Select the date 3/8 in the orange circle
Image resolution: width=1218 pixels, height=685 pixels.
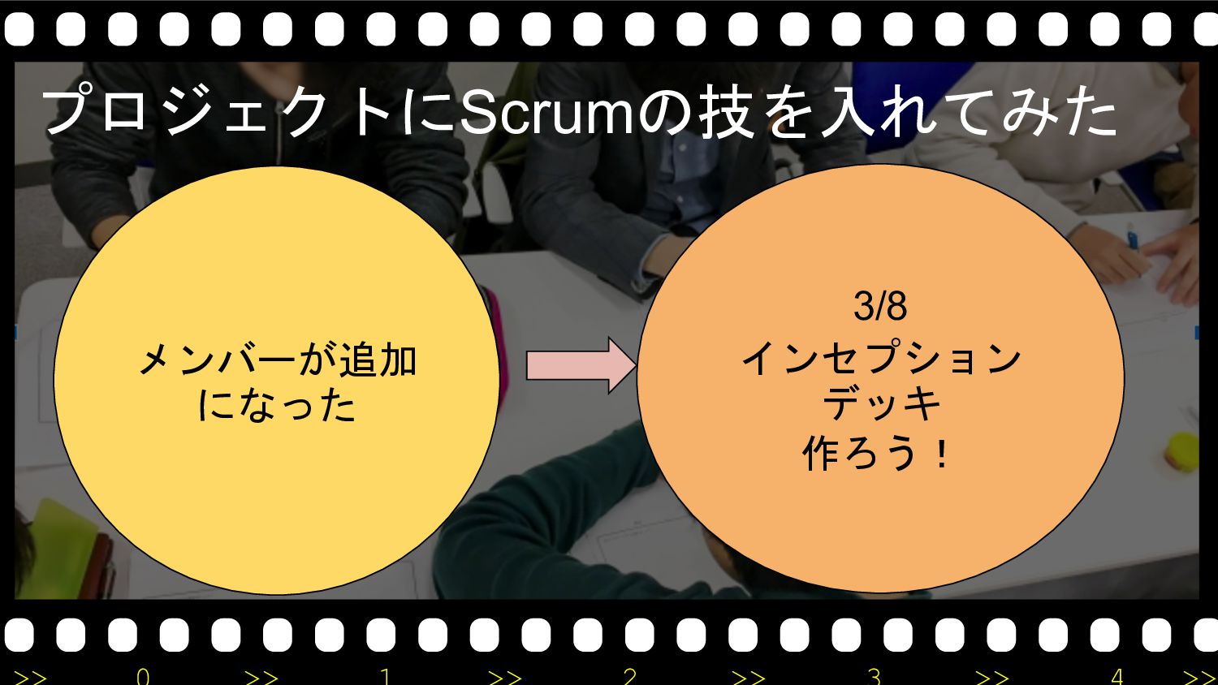880,307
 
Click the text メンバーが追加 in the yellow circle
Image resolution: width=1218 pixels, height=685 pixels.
277,360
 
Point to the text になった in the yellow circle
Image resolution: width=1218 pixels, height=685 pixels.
277,405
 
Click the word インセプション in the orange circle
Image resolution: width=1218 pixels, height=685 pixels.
881,358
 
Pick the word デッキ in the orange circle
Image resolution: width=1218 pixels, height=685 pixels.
881,403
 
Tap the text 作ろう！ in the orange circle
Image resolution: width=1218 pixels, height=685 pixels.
877,453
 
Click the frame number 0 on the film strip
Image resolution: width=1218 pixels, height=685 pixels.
143,676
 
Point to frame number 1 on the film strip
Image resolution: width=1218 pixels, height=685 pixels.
386,676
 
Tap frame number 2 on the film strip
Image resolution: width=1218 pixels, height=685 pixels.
630,676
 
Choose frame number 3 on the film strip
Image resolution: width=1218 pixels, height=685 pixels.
874,676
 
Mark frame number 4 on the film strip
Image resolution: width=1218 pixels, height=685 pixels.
1117,676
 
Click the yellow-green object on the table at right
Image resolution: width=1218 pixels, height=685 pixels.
1181,451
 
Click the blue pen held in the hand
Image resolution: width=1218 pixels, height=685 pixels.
1134,239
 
